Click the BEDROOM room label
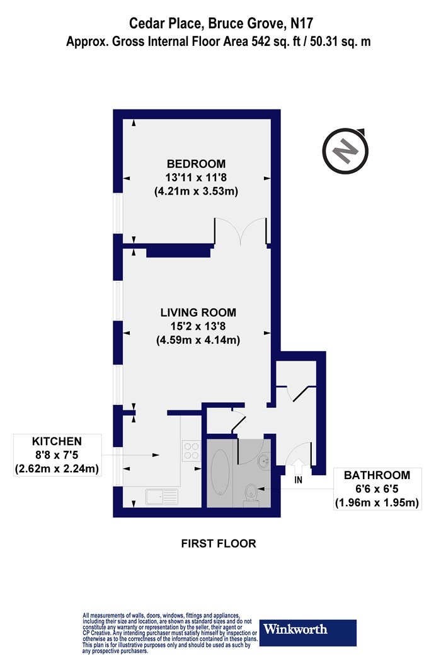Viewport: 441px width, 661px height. click(x=196, y=164)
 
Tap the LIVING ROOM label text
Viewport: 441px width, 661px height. click(x=198, y=312)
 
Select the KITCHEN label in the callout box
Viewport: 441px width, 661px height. click(x=57, y=441)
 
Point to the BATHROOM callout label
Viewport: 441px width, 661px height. click(x=377, y=475)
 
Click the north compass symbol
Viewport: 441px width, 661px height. click(x=346, y=150)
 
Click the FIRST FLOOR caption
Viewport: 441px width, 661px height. click(x=219, y=543)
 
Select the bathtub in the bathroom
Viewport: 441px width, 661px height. click(x=220, y=472)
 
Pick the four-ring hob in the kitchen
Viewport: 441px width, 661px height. click(x=191, y=450)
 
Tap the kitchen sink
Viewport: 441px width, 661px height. click(x=162, y=497)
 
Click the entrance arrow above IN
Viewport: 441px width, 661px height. click(x=299, y=466)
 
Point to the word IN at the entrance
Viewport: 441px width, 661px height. click(x=299, y=480)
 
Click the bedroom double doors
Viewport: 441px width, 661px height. click(x=241, y=231)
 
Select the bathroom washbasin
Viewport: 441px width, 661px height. click(x=264, y=460)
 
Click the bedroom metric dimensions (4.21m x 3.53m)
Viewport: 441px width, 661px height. click(x=196, y=191)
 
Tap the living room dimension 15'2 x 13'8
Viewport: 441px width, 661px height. click(x=198, y=326)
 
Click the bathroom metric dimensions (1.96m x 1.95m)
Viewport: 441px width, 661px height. click(x=377, y=502)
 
